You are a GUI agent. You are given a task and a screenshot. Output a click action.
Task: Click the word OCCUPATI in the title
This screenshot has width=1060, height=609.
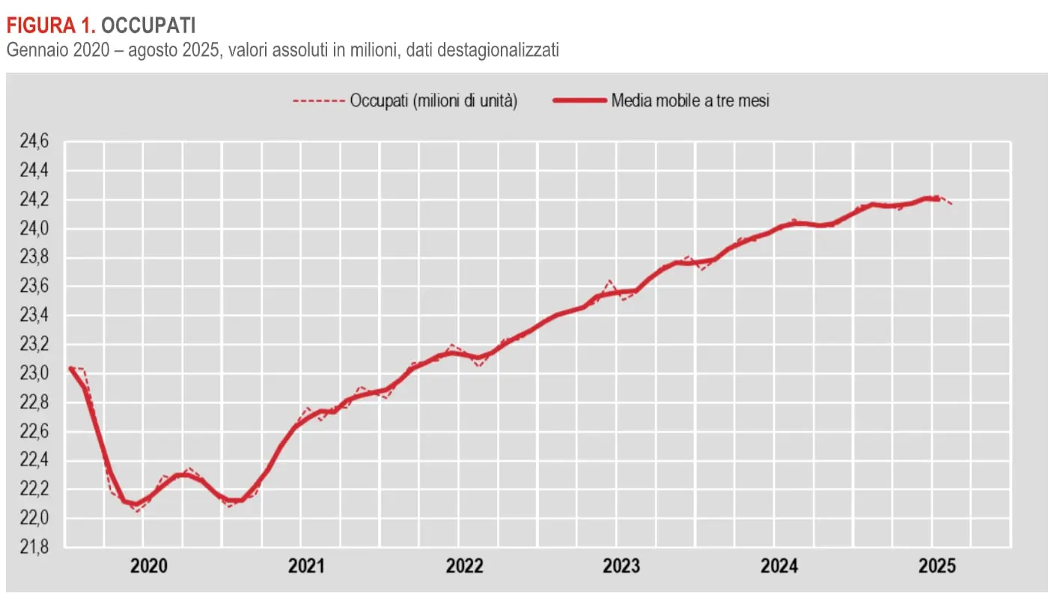pyautogui.click(x=148, y=26)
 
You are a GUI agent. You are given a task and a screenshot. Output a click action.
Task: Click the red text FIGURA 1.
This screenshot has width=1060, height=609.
pyautogui.click(x=51, y=26)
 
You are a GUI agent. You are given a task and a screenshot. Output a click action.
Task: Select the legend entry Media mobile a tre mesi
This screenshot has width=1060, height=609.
pyautogui.click(x=689, y=100)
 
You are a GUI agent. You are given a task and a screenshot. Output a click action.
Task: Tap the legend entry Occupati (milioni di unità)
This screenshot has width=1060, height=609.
pyautogui.click(x=433, y=100)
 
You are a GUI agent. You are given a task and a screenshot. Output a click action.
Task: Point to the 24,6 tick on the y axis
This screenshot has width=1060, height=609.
pyautogui.click(x=32, y=141)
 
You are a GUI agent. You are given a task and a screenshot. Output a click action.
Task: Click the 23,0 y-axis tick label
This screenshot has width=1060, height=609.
pyautogui.click(x=32, y=373)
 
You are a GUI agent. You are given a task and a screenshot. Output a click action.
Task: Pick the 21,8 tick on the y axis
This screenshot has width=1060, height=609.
pyautogui.click(x=32, y=548)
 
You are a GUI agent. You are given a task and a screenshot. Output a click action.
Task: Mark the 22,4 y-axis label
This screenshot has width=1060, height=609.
pyautogui.click(x=32, y=460)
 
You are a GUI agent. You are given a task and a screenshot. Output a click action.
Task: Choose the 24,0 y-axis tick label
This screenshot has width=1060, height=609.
pyautogui.click(x=32, y=229)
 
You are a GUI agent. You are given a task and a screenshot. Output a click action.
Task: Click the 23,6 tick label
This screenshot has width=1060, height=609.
pyautogui.click(x=32, y=287)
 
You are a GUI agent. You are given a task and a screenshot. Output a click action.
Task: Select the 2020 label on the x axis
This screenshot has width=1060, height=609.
pyautogui.click(x=149, y=566)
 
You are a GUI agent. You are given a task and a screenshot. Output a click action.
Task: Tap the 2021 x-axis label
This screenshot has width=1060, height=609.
pyautogui.click(x=307, y=566)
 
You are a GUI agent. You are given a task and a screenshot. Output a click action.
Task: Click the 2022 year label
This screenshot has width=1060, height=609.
pyautogui.click(x=465, y=566)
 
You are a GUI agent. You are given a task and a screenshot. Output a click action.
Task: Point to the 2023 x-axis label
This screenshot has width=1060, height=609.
pyautogui.click(x=622, y=566)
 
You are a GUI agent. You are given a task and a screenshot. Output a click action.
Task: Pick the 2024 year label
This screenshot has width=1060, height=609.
pyautogui.click(x=780, y=566)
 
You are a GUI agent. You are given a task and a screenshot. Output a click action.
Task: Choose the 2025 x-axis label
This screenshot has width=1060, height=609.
pyautogui.click(x=937, y=566)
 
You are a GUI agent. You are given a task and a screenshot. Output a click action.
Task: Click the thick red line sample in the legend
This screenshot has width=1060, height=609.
pyautogui.click(x=579, y=100)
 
